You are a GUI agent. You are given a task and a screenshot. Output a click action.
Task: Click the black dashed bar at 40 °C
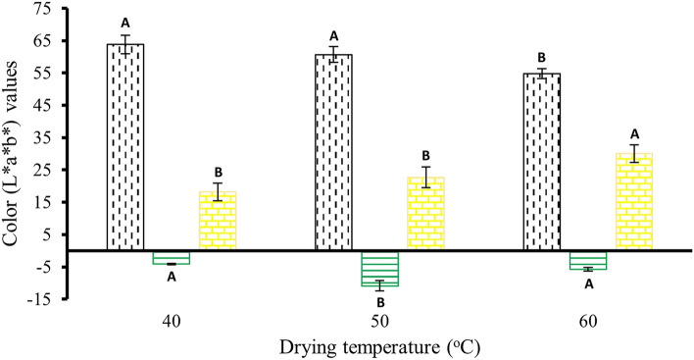125,147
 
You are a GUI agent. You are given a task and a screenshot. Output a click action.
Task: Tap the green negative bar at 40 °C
172,257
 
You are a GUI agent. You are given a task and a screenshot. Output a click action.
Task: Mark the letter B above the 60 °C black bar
541,57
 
